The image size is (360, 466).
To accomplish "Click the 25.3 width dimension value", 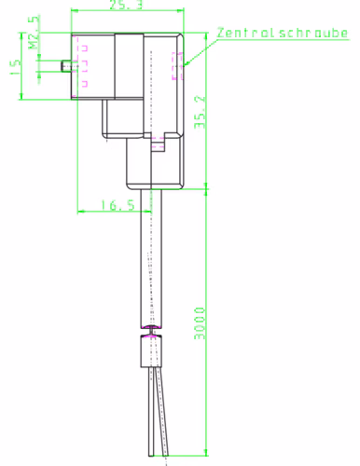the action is click(126, 5).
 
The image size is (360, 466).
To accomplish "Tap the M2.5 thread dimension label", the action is click(35, 32).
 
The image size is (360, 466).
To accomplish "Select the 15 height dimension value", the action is click(15, 67).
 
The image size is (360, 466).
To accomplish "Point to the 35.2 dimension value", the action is click(200, 112).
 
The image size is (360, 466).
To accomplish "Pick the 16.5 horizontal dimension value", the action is click(118, 205).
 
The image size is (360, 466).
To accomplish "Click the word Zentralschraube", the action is click(283, 33).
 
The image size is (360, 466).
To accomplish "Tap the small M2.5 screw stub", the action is click(66, 66).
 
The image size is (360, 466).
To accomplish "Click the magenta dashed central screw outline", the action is click(177, 66).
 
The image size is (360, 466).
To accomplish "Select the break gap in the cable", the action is click(151, 332).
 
